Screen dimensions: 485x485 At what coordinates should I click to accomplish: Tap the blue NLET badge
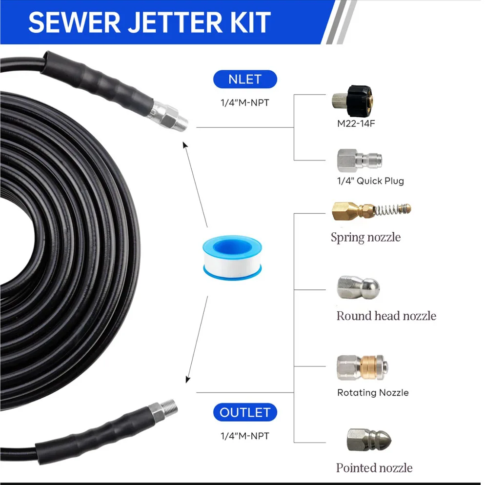(x=245, y=79)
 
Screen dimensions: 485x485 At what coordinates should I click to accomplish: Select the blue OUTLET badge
(x=245, y=412)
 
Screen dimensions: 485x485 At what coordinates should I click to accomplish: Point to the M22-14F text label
(x=356, y=124)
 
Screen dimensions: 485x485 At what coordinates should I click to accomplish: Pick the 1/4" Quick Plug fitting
(x=359, y=159)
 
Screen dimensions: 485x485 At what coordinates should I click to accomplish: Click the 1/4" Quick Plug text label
(x=370, y=181)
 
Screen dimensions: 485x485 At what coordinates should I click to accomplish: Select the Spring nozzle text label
(x=365, y=238)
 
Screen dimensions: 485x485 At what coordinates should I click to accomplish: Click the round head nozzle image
(x=357, y=286)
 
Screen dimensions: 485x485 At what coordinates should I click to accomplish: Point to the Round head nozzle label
(x=386, y=316)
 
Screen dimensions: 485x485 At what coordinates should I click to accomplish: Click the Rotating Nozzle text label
(x=373, y=393)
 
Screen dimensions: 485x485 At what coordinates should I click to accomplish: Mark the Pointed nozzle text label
(x=374, y=468)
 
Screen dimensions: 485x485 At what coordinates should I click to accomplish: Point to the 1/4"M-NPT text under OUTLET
(x=244, y=436)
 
